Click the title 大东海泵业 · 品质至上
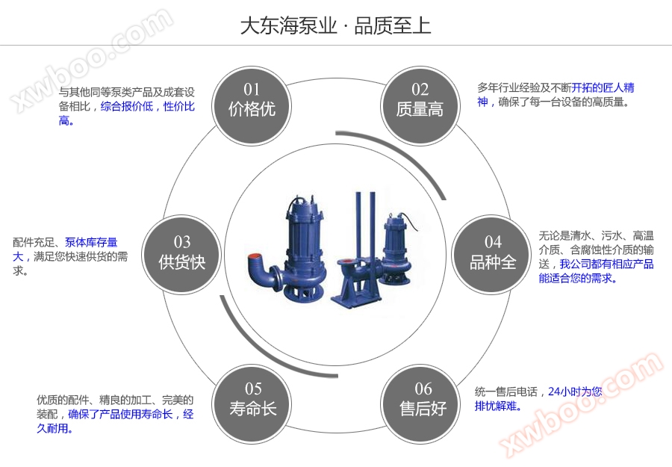tap(335, 26)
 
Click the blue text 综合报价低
tap(127, 107)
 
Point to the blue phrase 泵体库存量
tap(91, 242)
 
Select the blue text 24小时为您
tap(575, 392)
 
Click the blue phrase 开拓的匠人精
tap(603, 87)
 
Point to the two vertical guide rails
tap(364, 224)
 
